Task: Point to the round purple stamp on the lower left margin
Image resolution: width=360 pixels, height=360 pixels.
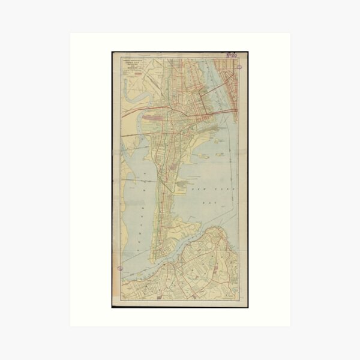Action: tap(121, 268)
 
